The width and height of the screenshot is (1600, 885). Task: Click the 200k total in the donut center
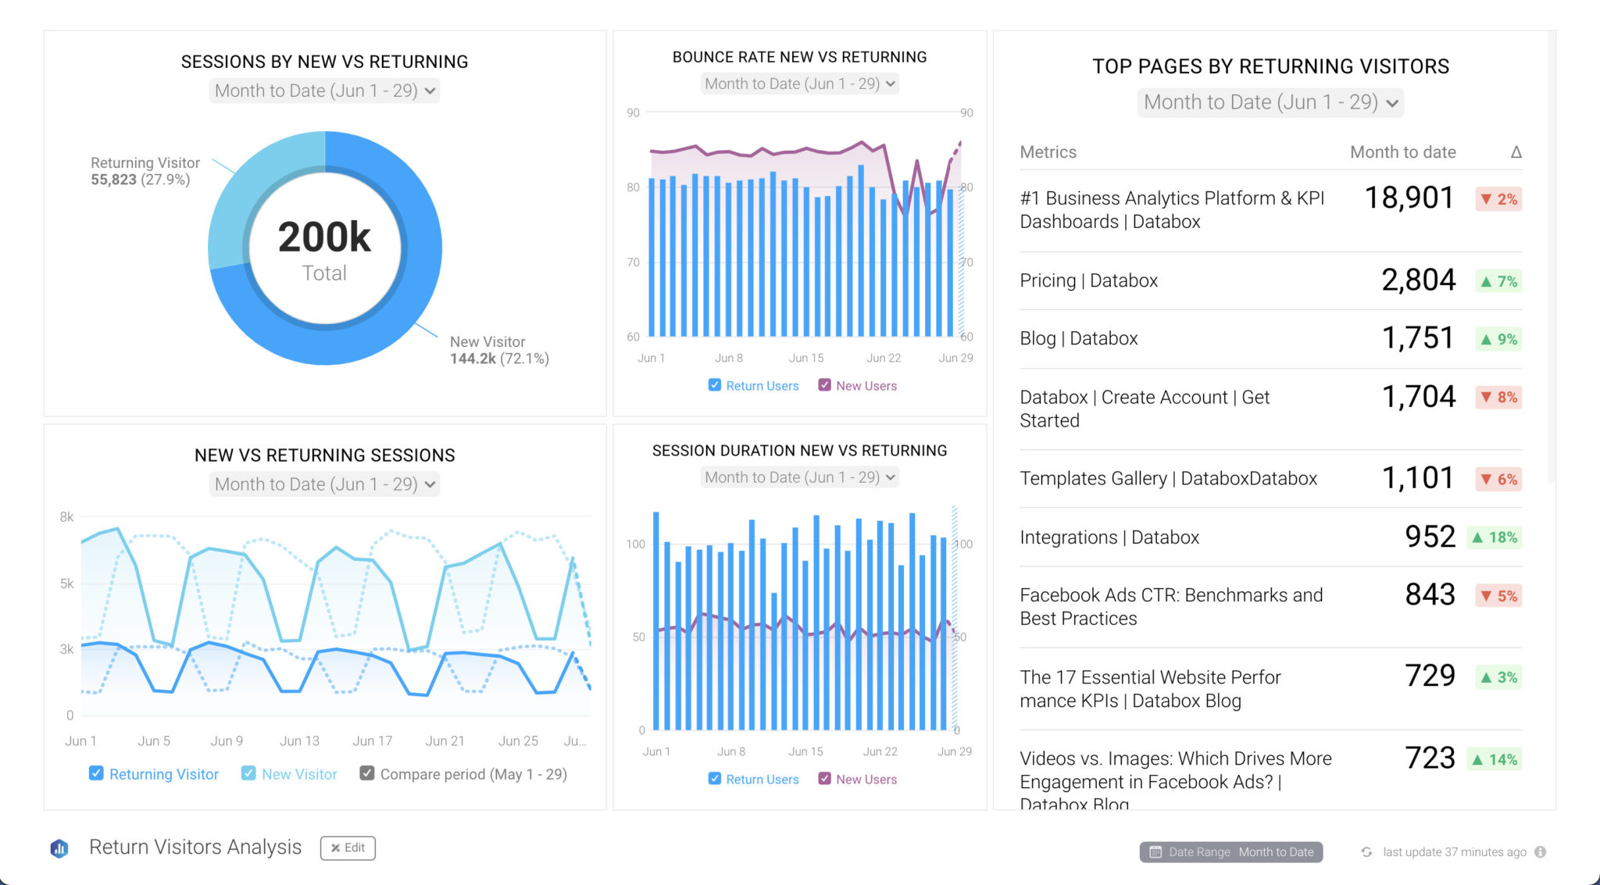[324, 237]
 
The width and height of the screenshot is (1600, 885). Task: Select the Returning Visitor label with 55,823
[145, 171]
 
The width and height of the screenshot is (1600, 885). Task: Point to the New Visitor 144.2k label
[498, 350]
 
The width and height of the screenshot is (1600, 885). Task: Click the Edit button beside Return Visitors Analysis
[348, 848]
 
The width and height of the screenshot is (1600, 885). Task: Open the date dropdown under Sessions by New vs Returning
[324, 91]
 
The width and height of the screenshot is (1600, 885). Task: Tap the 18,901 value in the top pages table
[1409, 198]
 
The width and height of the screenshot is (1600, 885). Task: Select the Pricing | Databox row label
[1088, 280]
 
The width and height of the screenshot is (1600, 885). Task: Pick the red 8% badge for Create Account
[1498, 398]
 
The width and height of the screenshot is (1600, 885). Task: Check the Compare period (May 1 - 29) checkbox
[366, 773]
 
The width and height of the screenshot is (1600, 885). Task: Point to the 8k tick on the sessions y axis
[66, 517]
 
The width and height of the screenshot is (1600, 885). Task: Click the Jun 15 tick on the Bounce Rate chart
[805, 359]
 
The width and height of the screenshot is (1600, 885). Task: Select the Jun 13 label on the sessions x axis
[299, 740]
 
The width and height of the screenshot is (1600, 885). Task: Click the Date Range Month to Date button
[1230, 852]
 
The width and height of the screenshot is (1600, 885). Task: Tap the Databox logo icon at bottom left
[59, 848]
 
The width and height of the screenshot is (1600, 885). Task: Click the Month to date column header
[1402, 152]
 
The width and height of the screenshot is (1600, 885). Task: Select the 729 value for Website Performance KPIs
[1429, 676]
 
